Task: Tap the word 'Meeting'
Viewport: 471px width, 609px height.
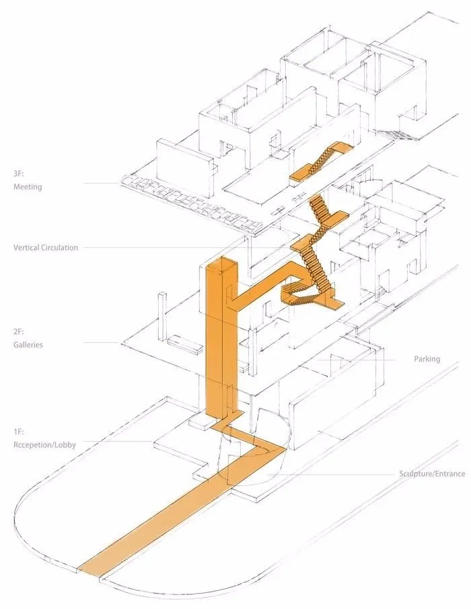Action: pyautogui.click(x=28, y=187)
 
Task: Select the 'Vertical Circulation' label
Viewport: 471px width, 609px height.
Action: pyautogui.click(x=46, y=247)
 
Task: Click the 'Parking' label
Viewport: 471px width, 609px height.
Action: pyautogui.click(x=427, y=359)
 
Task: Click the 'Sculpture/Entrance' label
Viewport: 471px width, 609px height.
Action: pyautogui.click(x=431, y=474)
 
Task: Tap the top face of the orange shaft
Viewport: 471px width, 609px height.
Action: pyautogui.click(x=222, y=264)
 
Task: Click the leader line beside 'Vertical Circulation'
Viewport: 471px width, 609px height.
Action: pyautogui.click(x=168, y=248)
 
